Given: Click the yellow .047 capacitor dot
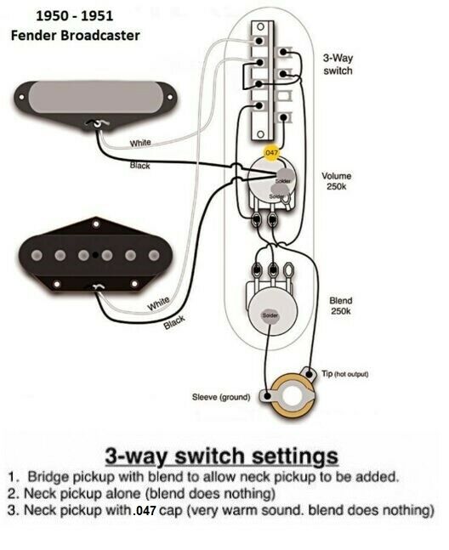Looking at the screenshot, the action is click(x=272, y=152).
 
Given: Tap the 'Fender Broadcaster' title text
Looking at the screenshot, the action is click(x=76, y=36).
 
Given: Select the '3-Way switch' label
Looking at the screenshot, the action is click(x=338, y=65).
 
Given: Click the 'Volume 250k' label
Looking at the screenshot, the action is click(x=337, y=181).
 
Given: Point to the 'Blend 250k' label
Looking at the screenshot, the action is click(x=341, y=306).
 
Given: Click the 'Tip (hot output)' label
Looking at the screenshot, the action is click(x=345, y=374).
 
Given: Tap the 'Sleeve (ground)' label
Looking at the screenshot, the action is click(x=221, y=397).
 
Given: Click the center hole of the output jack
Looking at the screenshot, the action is click(x=291, y=395).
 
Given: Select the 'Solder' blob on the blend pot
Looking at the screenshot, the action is click(x=270, y=315).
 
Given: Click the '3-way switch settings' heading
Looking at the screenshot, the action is click(x=222, y=456).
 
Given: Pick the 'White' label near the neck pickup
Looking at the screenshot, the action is click(x=140, y=143).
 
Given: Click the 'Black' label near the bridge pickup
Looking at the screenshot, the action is click(x=174, y=322).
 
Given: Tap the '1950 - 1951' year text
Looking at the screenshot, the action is click(x=75, y=16).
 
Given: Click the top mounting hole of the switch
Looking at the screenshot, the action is click(x=260, y=26).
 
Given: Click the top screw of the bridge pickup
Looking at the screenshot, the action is click(x=95, y=224).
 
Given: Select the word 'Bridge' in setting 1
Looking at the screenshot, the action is click(x=49, y=477).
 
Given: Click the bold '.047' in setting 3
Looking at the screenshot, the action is click(x=145, y=511).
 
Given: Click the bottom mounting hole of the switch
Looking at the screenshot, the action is click(x=260, y=134).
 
